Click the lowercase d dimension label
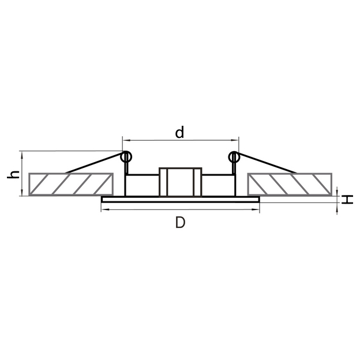(179, 132)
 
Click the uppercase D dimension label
(180, 223)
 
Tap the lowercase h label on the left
(13, 175)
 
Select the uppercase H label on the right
(347, 200)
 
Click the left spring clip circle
(126, 157)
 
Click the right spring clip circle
(234, 157)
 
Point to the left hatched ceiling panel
(71, 185)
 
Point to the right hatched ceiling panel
(290, 185)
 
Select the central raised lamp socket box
(181, 182)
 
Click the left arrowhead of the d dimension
(126, 140)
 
